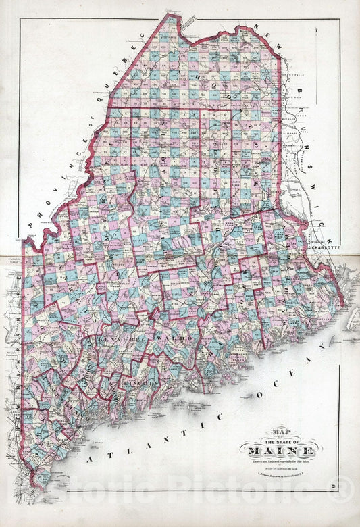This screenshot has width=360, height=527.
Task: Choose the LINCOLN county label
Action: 143,384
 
